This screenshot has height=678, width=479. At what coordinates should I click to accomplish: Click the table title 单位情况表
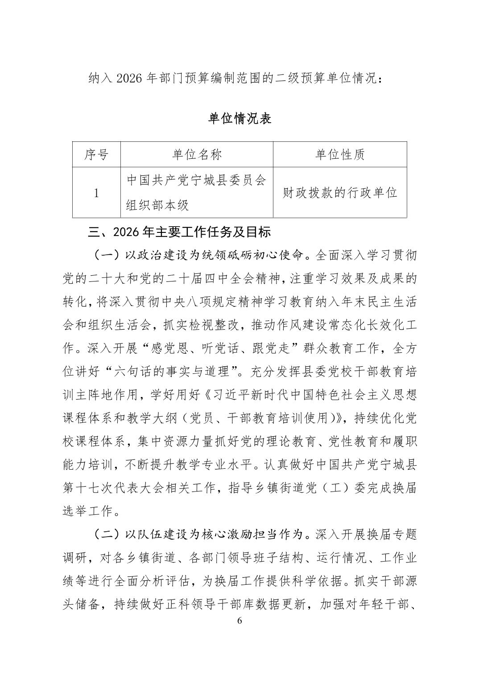tap(240, 119)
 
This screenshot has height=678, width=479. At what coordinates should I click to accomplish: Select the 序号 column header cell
tap(96, 155)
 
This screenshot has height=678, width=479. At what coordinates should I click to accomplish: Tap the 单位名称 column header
tap(197, 155)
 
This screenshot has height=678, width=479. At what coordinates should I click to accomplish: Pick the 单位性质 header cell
tap(340, 155)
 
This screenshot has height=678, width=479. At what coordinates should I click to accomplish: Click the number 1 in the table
tap(96, 193)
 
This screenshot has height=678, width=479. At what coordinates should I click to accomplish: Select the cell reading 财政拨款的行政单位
tap(340, 193)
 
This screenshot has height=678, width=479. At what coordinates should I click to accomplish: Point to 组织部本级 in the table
tap(157, 205)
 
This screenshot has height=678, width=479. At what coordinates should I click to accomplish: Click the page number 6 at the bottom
tap(239, 621)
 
